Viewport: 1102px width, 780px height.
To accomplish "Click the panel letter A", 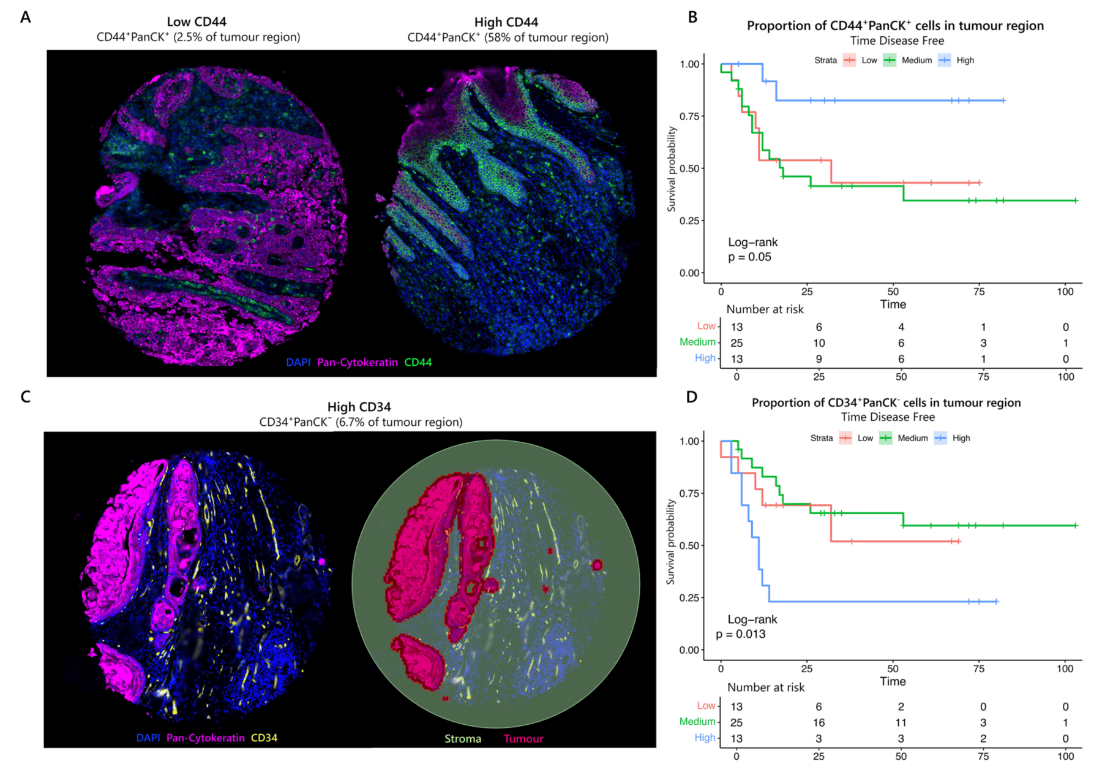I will click(25, 17).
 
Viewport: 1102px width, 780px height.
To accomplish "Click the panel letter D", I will click(692, 397).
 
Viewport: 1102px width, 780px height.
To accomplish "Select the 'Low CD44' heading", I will click(197, 22).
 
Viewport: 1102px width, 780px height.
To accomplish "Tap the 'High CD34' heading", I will click(359, 407).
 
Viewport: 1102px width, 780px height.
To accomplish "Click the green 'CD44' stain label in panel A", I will click(418, 362).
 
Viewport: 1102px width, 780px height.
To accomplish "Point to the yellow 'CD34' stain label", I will click(264, 738).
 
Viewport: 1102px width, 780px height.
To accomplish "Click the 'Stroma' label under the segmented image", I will click(463, 739).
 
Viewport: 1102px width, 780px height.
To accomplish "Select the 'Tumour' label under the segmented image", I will click(523, 739).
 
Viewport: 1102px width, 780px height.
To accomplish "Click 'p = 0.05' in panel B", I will click(749, 257).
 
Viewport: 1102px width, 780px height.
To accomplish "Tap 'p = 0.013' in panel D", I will click(741, 634).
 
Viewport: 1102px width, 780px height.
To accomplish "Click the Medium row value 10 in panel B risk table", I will click(819, 343).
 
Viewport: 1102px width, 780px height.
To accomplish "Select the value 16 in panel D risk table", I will click(819, 723).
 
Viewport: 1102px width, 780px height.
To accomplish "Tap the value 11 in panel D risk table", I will click(901, 723).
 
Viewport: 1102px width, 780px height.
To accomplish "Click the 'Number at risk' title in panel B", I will click(765, 309).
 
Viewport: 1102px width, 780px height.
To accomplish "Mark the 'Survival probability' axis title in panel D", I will click(671, 542).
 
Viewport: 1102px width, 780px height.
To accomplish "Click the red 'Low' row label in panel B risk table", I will click(706, 327).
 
